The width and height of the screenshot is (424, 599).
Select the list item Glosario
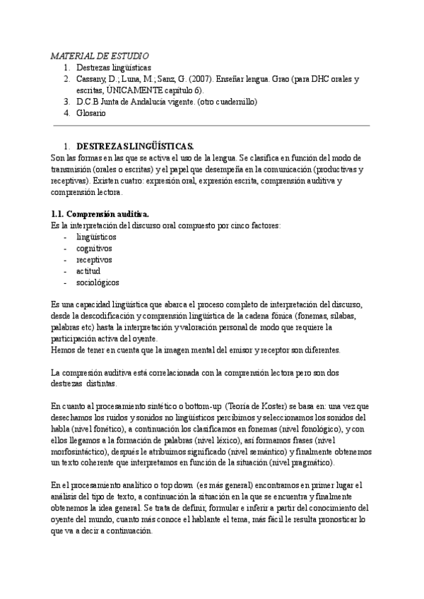pyautogui.click(x=90, y=113)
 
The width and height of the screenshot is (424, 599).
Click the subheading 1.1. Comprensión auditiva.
pyautogui.click(x=100, y=214)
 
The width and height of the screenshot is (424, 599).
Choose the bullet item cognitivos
pyautogui.click(x=97, y=248)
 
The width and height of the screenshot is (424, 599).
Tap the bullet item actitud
pyautogui.click(x=88, y=271)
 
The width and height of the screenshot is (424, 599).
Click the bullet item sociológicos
pyautogui.click(x=98, y=282)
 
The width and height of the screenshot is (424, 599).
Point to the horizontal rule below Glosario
pyautogui.click(x=212, y=126)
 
